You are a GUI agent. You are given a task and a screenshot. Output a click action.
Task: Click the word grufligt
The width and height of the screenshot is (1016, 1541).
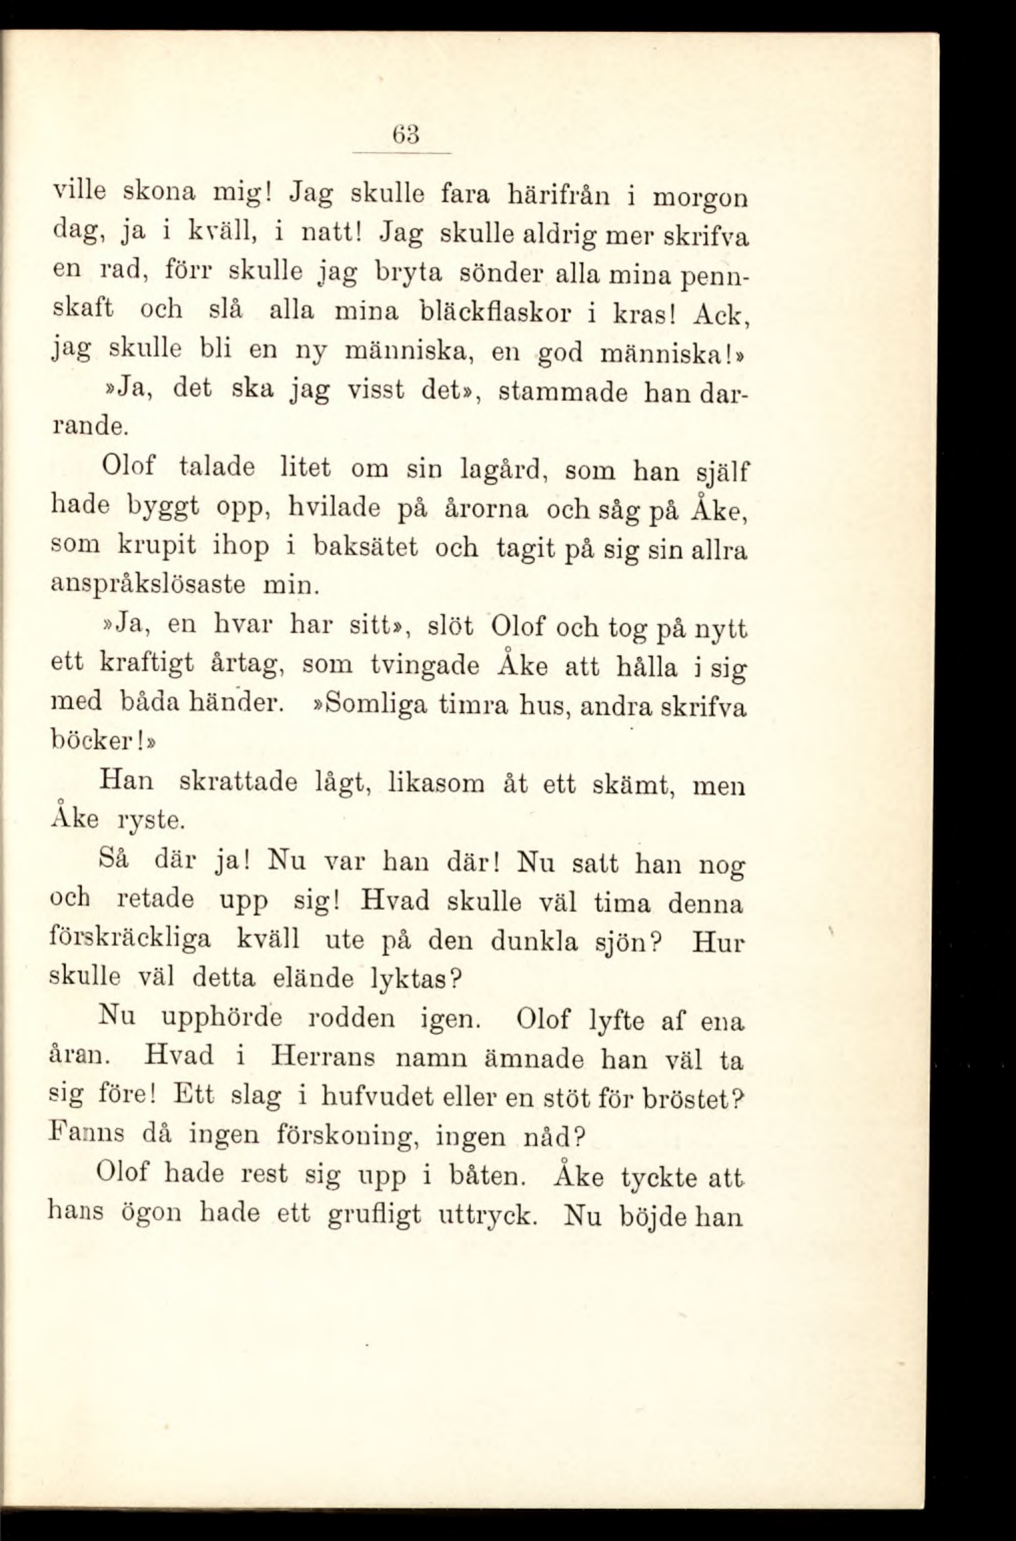(x=374, y=1215)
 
